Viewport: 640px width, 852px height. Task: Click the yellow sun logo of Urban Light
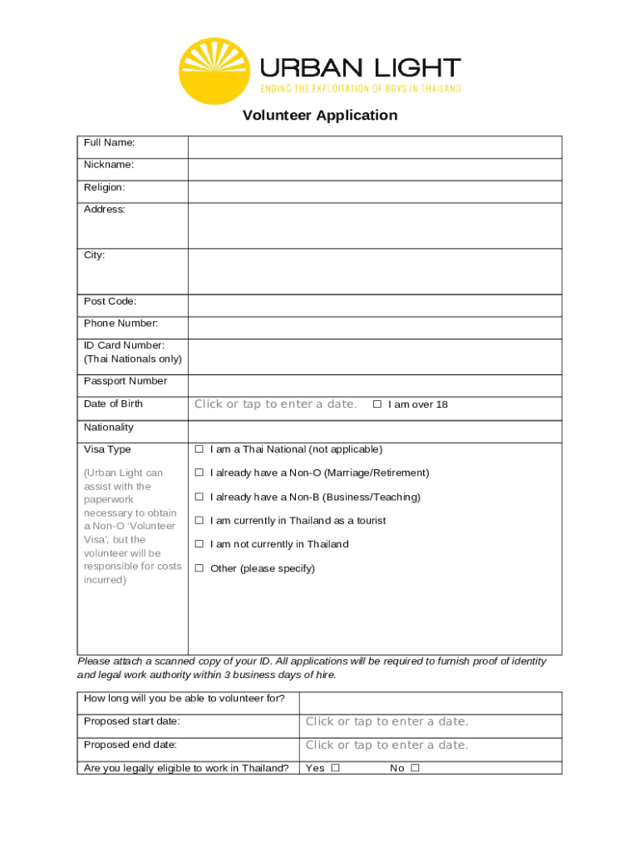[214, 71]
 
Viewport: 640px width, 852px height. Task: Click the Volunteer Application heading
[320, 115]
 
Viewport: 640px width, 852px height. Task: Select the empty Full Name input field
[374, 147]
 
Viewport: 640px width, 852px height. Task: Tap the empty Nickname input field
[374, 170]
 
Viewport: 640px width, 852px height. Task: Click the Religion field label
[105, 187]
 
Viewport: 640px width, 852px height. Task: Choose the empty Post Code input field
[374, 305]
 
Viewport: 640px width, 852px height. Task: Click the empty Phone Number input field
[374, 328]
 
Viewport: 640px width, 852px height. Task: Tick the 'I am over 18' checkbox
[377, 404]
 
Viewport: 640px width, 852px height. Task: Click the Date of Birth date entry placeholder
[276, 404]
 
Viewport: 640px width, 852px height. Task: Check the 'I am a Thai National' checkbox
[199, 449]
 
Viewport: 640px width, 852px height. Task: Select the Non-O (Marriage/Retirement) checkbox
[199, 473]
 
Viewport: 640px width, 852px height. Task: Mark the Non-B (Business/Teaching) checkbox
[199, 497]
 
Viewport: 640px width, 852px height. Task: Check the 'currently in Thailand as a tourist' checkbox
[199, 520]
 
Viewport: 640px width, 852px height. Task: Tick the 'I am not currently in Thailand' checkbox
[199, 544]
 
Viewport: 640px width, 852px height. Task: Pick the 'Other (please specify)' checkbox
[199, 568]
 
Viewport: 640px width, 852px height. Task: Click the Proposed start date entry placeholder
[386, 721]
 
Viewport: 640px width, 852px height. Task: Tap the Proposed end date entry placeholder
[386, 745]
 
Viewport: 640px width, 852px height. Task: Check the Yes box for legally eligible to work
[335, 768]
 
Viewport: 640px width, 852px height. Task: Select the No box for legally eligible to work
[415, 768]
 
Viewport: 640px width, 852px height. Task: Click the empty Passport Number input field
[374, 385]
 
